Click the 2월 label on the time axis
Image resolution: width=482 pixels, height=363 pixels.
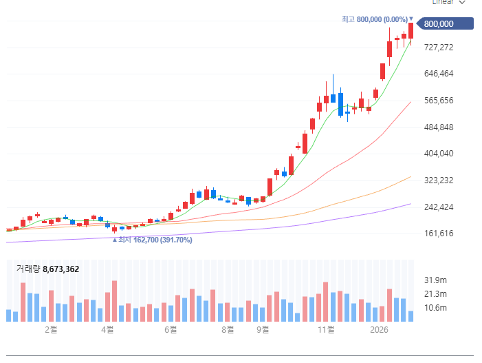pos(51,330)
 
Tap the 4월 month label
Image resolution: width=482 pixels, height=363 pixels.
pos(107,330)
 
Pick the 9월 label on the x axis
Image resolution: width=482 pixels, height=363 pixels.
pos(263,330)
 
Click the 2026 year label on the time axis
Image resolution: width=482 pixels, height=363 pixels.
pos(380,330)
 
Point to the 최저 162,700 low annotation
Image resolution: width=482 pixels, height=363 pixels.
pos(152,240)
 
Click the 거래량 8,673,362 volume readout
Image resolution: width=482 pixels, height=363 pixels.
pos(47,269)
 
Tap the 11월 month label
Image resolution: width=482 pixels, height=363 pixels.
pos(326,330)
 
